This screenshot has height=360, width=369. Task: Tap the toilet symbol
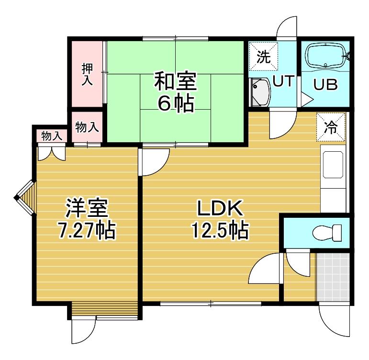327,233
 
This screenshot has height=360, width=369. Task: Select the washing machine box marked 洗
263,56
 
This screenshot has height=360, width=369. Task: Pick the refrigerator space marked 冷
331,127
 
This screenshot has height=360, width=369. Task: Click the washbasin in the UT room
260,92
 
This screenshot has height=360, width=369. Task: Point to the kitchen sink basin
333,165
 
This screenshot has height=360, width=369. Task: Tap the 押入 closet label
87,74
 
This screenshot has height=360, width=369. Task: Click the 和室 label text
175,81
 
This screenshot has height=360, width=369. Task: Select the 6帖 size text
176,103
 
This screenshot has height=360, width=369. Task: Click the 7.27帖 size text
87,230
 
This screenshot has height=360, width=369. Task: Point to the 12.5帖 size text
221,230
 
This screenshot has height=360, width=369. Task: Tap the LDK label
220,208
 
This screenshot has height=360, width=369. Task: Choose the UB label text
325,84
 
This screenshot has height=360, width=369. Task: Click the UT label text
284,80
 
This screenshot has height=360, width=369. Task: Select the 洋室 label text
87,208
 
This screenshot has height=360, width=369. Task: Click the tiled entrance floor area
333,277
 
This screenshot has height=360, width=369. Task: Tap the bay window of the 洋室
25,198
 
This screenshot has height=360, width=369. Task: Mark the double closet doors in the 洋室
52,153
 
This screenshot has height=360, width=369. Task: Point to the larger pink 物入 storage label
87,127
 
